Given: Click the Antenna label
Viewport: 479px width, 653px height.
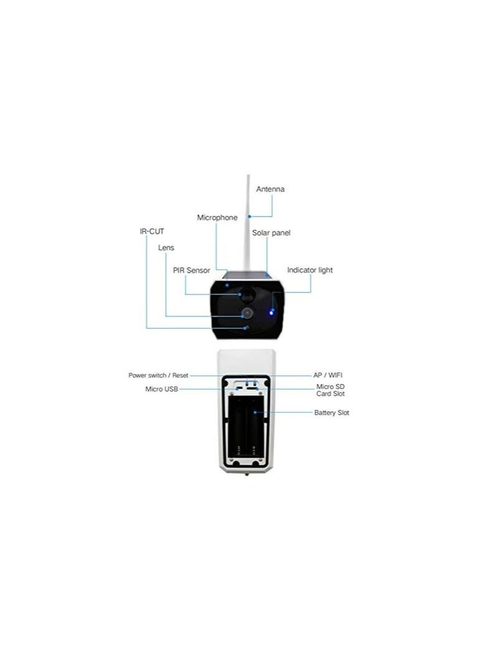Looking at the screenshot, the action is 270,189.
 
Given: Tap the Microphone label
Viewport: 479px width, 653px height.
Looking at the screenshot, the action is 217,217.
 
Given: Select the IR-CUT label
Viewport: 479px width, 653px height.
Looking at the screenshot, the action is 152,231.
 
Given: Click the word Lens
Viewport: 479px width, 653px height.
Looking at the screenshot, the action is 166,247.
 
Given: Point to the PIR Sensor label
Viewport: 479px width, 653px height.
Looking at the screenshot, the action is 191,270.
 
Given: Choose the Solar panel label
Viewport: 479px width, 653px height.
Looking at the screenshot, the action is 271,233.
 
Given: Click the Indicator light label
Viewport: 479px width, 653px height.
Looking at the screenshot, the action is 310,270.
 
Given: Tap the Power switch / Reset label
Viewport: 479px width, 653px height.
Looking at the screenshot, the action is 158,375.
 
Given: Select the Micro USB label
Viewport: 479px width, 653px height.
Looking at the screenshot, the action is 161,389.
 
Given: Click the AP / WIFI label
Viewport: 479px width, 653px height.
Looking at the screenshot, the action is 328,375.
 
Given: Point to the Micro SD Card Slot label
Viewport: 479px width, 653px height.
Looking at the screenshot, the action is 330,390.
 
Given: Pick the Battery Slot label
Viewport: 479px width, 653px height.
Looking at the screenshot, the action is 331,413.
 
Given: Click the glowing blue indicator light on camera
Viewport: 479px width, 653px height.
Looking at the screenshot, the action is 272,312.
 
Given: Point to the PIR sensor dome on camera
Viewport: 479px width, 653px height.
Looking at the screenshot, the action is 247,294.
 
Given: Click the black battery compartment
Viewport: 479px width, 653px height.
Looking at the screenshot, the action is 246,428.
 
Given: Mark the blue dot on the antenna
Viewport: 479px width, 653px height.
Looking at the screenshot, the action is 249,217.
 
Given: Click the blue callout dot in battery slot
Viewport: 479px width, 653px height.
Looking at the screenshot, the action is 255,413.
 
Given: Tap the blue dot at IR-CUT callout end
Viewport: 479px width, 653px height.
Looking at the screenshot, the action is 245,328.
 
